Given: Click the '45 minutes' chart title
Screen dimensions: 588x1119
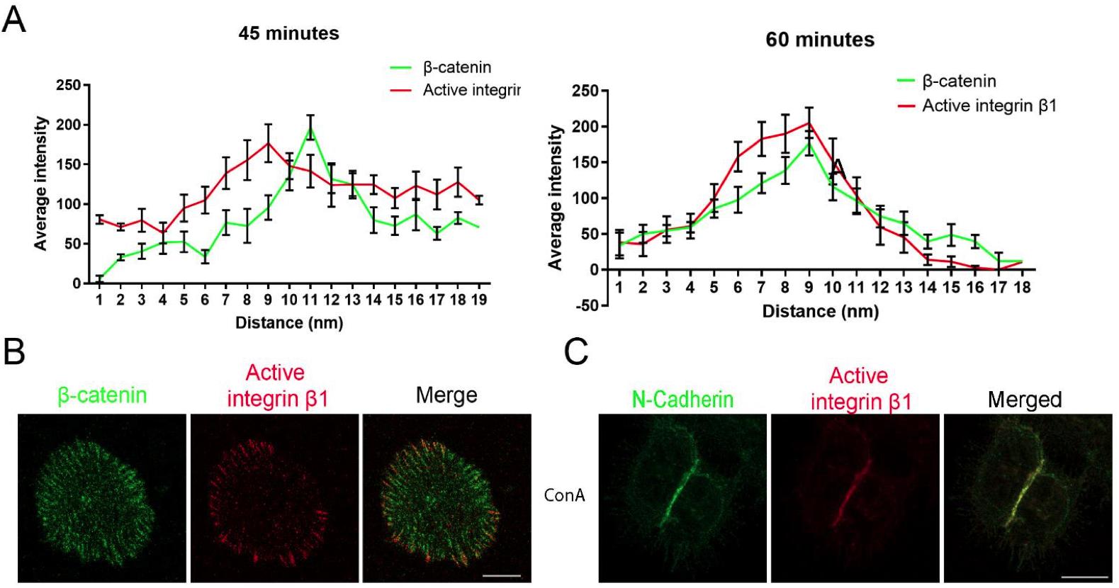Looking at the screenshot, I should (288, 33).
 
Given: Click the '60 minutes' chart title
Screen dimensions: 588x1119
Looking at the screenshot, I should (820, 40).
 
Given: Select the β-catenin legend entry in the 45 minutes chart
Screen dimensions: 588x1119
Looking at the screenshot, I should (456, 68).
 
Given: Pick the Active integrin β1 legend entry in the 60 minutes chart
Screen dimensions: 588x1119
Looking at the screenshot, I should (989, 106).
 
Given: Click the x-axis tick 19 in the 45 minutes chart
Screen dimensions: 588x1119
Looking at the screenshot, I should (479, 300).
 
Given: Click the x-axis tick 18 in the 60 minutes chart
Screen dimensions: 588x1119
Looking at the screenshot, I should (1023, 287).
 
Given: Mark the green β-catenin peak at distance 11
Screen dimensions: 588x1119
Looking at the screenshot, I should (310, 129).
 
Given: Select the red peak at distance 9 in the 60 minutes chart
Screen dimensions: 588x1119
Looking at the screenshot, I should (809, 123).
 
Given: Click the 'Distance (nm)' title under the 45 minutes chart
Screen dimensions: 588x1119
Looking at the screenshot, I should (289, 323).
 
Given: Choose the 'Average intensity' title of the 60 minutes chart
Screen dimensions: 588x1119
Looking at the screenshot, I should (555, 198).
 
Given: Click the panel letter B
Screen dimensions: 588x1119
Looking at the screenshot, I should (14, 351).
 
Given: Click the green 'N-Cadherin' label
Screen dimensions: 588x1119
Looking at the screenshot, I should (682, 400).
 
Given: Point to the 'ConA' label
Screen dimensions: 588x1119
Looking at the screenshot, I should (564, 495).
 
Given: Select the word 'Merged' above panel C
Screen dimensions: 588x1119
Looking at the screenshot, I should (1024, 400).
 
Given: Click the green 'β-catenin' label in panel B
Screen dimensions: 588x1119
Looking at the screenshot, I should (102, 395).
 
